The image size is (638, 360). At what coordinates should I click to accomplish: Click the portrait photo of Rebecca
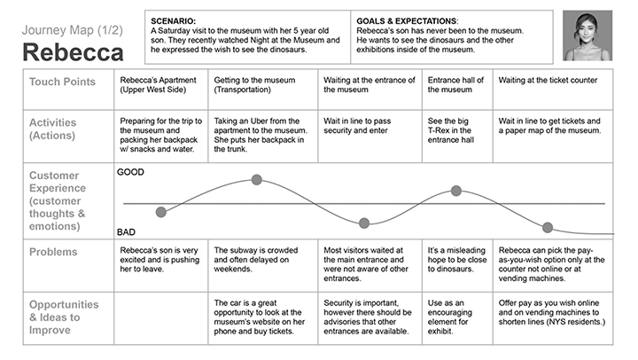(587, 35)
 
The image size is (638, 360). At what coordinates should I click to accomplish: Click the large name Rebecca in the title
(73, 52)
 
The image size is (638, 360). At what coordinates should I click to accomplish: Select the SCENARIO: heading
(174, 21)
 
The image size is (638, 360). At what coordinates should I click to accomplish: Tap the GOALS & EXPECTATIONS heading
(407, 21)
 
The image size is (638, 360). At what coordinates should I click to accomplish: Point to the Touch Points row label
(62, 82)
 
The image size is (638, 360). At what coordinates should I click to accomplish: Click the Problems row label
(53, 252)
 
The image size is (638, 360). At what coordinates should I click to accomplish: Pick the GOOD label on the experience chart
(130, 172)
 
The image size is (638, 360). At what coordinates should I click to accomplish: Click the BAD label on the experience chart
(126, 232)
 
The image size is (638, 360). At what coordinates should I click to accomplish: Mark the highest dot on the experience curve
(256, 180)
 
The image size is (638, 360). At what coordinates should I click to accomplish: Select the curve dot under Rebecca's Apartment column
(161, 212)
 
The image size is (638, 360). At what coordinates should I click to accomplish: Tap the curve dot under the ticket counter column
(548, 228)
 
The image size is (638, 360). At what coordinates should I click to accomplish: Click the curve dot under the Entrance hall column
(456, 191)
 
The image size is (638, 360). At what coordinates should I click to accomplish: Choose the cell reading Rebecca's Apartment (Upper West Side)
(160, 90)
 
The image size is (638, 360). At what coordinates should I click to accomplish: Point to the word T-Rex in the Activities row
(440, 130)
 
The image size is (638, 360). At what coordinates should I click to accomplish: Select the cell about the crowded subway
(263, 265)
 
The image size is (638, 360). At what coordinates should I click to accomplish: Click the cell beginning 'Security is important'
(370, 318)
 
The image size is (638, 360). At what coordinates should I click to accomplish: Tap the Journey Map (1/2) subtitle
(73, 30)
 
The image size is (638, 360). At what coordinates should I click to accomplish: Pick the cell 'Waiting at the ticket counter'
(553, 90)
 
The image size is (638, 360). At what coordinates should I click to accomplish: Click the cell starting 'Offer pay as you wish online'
(553, 318)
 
